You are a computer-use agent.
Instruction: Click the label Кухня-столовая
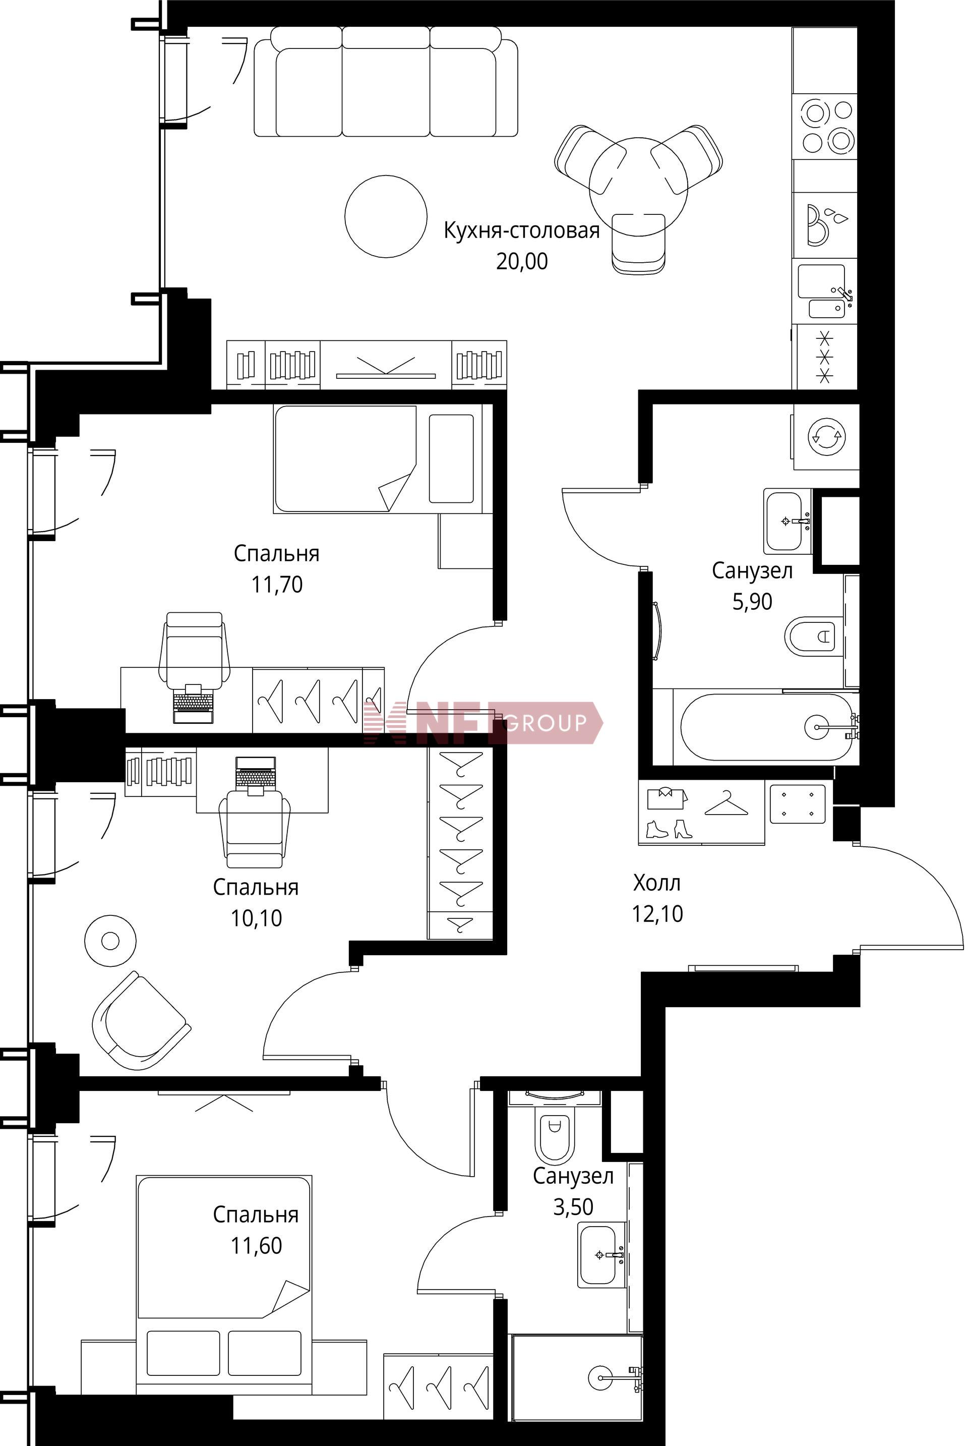pos(522,230)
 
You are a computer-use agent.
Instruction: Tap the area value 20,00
pos(522,261)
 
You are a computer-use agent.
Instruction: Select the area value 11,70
pos(277,584)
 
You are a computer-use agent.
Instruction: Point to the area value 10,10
pos(256,917)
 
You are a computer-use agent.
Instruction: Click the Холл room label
pos(657,883)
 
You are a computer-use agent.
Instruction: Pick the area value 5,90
pos(752,601)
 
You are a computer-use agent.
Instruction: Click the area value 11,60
pos(256,1245)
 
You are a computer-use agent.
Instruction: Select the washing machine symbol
pos(826,436)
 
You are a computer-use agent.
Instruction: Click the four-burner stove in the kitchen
pos(825,126)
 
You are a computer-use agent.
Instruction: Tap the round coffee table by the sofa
pos(386,216)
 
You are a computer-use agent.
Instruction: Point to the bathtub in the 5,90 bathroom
pos(767,727)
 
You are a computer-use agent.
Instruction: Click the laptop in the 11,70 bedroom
pos(193,703)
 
